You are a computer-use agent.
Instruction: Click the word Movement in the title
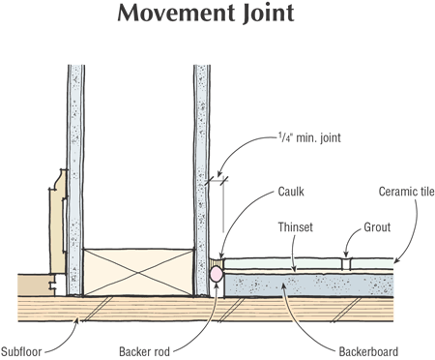[176, 13]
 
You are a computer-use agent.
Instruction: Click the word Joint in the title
[269, 15]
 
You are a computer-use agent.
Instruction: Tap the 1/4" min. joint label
[309, 138]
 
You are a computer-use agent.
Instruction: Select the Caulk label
[291, 192]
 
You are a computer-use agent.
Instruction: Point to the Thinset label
[296, 227]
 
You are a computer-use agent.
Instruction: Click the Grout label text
[377, 227]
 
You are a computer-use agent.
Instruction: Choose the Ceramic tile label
[407, 192]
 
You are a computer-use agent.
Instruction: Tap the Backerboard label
[368, 351]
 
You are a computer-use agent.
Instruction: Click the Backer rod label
[144, 351]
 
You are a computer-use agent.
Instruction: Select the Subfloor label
[21, 351]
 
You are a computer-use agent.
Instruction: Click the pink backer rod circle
[216, 275]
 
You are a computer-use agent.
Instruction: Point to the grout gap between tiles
[346, 263]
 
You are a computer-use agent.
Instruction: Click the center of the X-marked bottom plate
[138, 272]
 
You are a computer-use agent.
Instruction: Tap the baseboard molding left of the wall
[58, 223]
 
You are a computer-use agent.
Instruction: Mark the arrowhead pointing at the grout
[346, 255]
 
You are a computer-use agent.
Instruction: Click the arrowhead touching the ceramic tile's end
[397, 260]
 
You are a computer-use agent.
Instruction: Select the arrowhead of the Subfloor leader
[76, 321]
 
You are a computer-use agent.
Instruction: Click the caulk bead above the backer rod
[216, 262]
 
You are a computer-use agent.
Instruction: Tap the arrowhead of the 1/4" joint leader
[219, 173]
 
